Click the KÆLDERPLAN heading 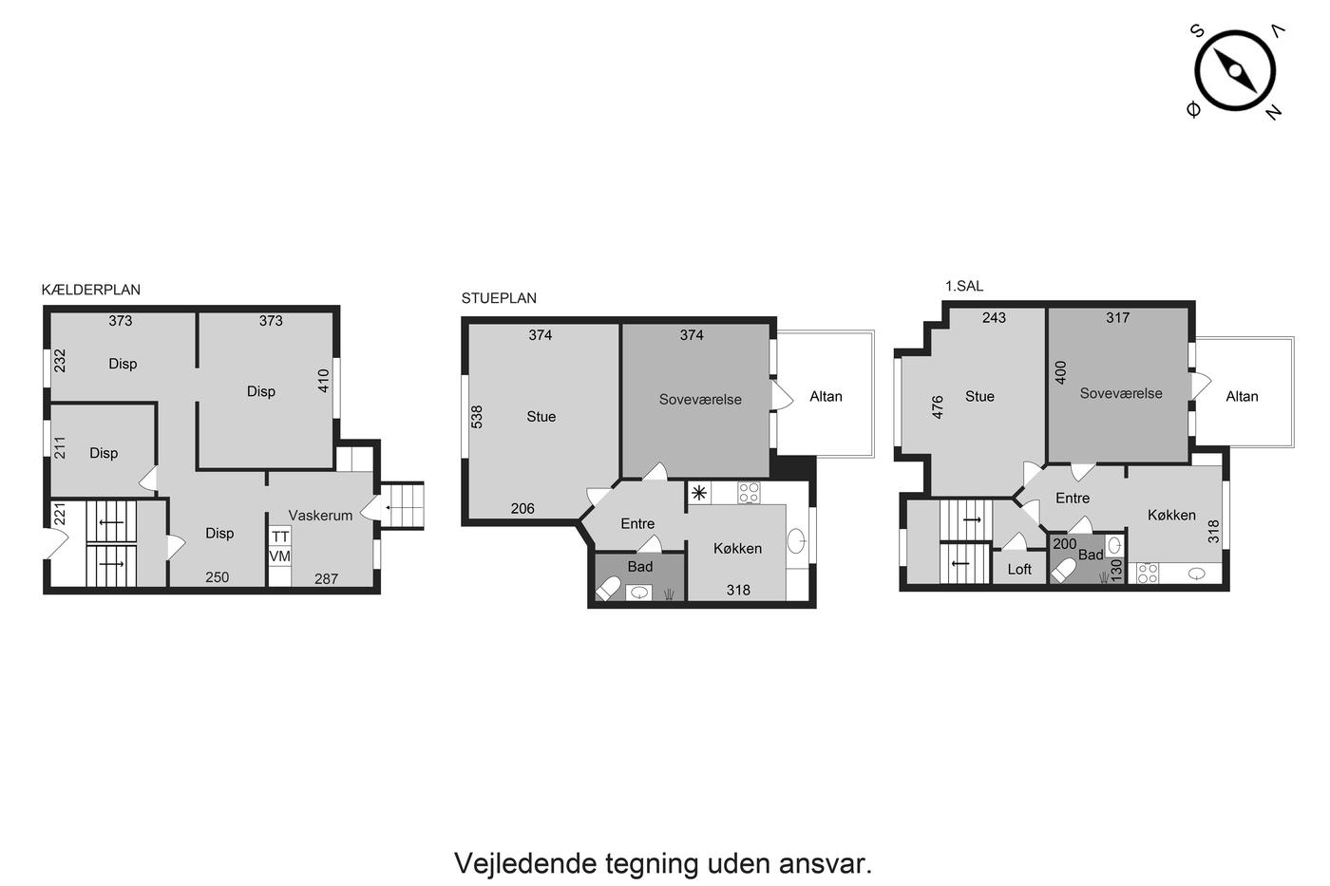(x=91, y=290)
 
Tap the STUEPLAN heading (x=499, y=298)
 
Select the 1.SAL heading (x=964, y=286)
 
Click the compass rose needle (x=1235, y=71)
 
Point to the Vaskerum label (x=321, y=515)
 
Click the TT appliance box (x=280, y=537)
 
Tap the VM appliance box (x=280, y=556)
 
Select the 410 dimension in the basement (x=324, y=381)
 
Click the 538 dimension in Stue (x=477, y=417)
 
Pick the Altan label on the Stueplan (x=826, y=396)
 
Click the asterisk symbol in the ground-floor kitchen (x=699, y=493)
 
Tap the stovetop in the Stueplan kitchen (x=749, y=493)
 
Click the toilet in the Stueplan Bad (x=608, y=589)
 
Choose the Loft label (x=1019, y=569)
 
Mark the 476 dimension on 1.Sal (x=938, y=407)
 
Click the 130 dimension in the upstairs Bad (x=1117, y=570)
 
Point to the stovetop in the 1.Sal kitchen (x=1148, y=574)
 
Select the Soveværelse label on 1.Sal (x=1121, y=393)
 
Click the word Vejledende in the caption (x=525, y=863)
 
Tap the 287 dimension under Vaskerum (x=327, y=578)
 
